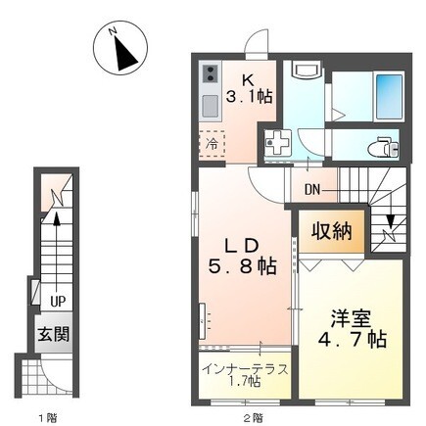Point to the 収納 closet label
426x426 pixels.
pyautogui.click(x=333, y=232)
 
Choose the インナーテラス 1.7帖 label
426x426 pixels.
pyautogui.click(x=244, y=376)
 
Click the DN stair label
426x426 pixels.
pyautogui.click(x=313, y=190)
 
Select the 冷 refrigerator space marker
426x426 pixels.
pyautogui.click(x=213, y=143)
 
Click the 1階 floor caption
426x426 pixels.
pyautogui.click(x=47, y=417)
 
